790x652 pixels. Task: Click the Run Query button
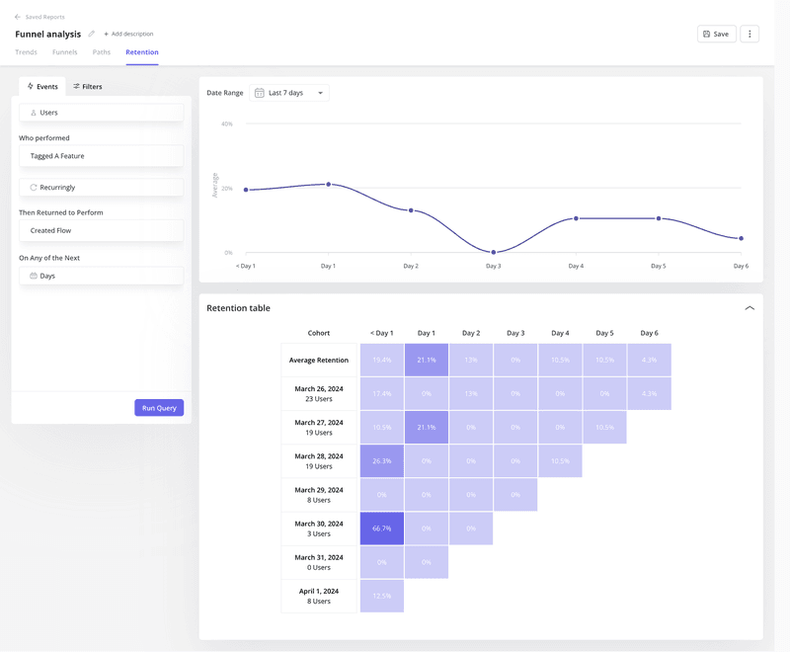click(159, 408)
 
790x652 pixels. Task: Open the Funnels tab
click(65, 52)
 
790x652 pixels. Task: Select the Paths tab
click(102, 52)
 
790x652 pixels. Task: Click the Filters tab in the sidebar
click(88, 87)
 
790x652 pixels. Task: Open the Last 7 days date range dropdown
click(289, 93)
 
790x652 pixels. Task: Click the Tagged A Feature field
click(101, 156)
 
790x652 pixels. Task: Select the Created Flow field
click(101, 230)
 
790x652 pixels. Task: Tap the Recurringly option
click(101, 187)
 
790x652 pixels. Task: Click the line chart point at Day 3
click(494, 253)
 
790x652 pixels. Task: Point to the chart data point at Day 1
click(329, 184)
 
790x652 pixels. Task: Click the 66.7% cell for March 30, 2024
click(382, 529)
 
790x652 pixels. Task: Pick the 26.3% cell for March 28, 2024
click(382, 460)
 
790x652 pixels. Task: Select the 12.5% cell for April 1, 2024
click(382, 596)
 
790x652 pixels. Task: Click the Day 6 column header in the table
click(649, 333)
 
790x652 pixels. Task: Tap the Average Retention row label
click(319, 361)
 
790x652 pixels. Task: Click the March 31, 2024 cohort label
click(319, 562)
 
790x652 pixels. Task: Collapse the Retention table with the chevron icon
click(750, 308)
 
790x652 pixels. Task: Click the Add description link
click(129, 35)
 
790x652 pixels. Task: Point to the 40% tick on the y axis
click(227, 124)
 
